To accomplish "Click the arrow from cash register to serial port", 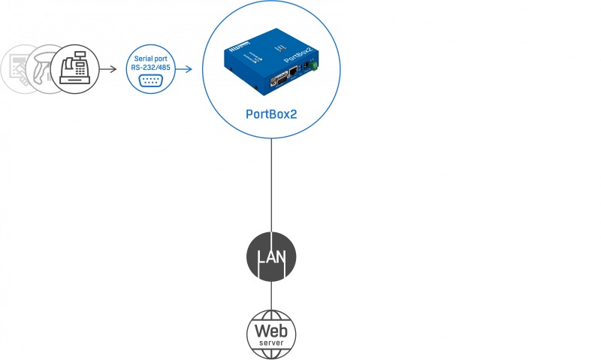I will pyautogui.click(x=113, y=70).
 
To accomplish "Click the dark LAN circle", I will pyautogui.click(x=271, y=258).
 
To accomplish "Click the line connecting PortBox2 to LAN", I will pyautogui.click(x=271, y=188).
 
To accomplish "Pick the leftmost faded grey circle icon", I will pyautogui.click(x=34, y=69).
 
